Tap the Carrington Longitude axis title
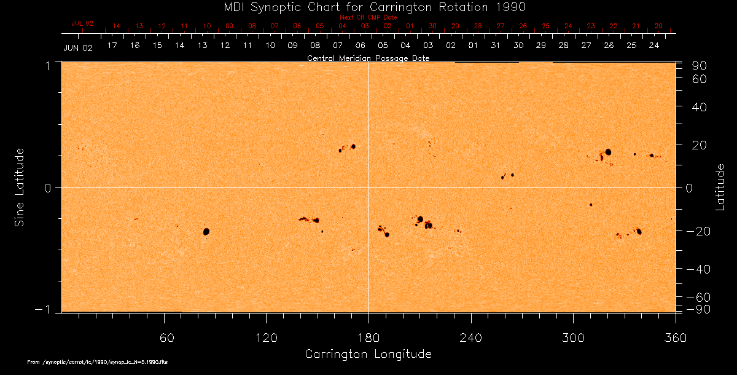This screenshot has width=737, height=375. point(368,354)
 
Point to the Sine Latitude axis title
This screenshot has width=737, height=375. point(20,187)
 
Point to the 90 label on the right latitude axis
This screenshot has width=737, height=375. point(701,66)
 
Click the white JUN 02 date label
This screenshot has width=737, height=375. point(77,48)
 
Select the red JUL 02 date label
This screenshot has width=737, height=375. point(82,23)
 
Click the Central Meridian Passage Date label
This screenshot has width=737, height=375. point(368,58)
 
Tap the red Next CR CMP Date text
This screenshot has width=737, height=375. point(368,17)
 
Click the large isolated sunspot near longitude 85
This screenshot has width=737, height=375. point(206,231)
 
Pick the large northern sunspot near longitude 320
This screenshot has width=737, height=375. point(608,152)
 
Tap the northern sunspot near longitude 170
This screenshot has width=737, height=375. point(353,146)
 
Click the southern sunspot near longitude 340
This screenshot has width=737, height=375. point(639,232)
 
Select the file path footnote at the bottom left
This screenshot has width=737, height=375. point(98,363)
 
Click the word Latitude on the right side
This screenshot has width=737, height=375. point(720,187)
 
